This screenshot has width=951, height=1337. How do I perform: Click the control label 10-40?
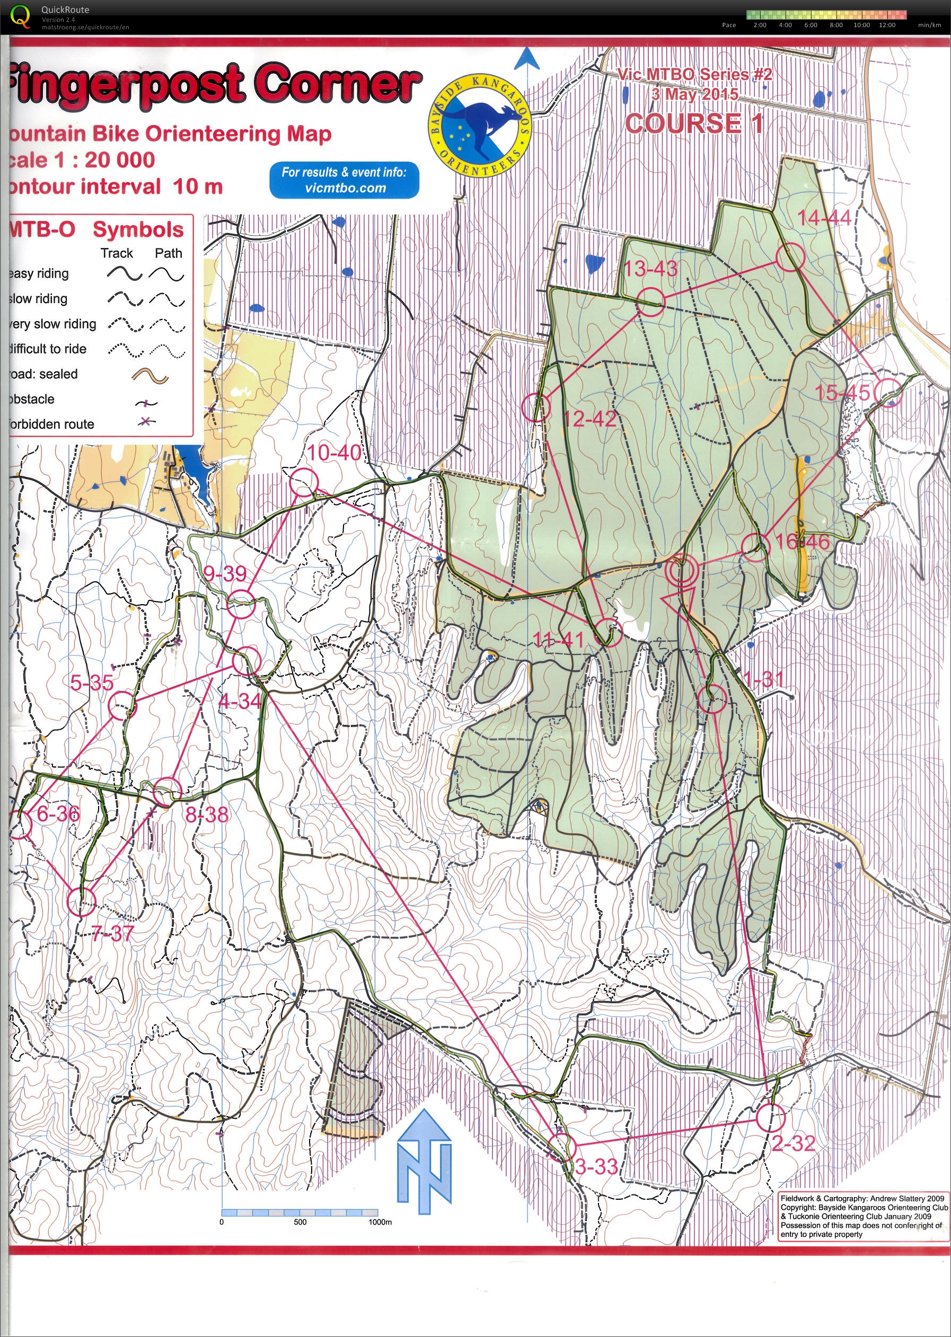334,453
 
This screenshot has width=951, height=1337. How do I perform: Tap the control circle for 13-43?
650,302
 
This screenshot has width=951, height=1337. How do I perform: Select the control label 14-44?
823,218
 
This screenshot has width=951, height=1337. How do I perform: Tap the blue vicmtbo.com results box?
345,180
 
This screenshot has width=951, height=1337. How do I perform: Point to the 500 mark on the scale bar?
300,1221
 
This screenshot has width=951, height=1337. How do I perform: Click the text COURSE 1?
694,123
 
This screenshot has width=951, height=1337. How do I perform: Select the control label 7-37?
113,933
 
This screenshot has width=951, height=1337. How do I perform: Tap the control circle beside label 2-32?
770,1118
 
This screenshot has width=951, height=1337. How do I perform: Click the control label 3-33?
596,1167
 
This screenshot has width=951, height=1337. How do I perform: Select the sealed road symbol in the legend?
151,376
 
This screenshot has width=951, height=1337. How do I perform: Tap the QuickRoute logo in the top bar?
21,16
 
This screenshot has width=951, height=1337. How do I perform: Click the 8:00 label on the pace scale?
835,25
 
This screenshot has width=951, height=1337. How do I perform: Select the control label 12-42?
589,419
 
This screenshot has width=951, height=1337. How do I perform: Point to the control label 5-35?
92,682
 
